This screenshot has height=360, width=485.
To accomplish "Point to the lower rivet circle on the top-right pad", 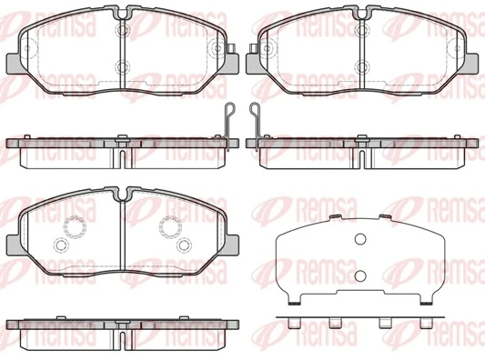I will click(362, 65).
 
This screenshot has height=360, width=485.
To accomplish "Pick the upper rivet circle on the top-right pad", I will click(362, 30).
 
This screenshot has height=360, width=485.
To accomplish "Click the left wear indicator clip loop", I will click(229, 113).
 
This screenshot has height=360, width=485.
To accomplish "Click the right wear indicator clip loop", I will click(254, 113).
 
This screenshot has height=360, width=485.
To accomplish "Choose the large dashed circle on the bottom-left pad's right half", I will click(170, 227).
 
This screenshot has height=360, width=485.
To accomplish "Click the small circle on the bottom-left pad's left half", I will click(61, 245).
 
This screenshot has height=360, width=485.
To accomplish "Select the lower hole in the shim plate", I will click(359, 276).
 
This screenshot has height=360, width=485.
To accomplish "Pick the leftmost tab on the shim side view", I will click(293, 323).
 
